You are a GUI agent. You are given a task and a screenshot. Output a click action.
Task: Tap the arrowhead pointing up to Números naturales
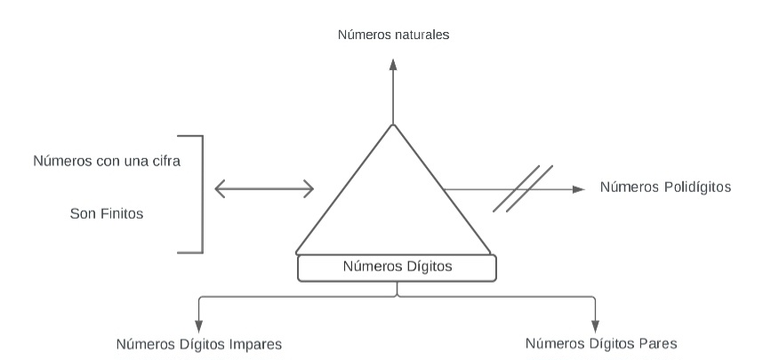click(x=392, y=64)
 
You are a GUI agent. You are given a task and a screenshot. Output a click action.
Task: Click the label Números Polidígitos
click(x=665, y=187)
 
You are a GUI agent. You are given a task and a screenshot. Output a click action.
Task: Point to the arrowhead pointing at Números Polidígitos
click(x=579, y=188)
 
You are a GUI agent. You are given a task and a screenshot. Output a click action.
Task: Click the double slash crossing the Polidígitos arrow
click(x=524, y=188)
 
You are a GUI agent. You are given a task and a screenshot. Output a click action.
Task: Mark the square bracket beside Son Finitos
click(x=201, y=194)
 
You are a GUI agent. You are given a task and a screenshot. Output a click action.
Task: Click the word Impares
click(x=257, y=342)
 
